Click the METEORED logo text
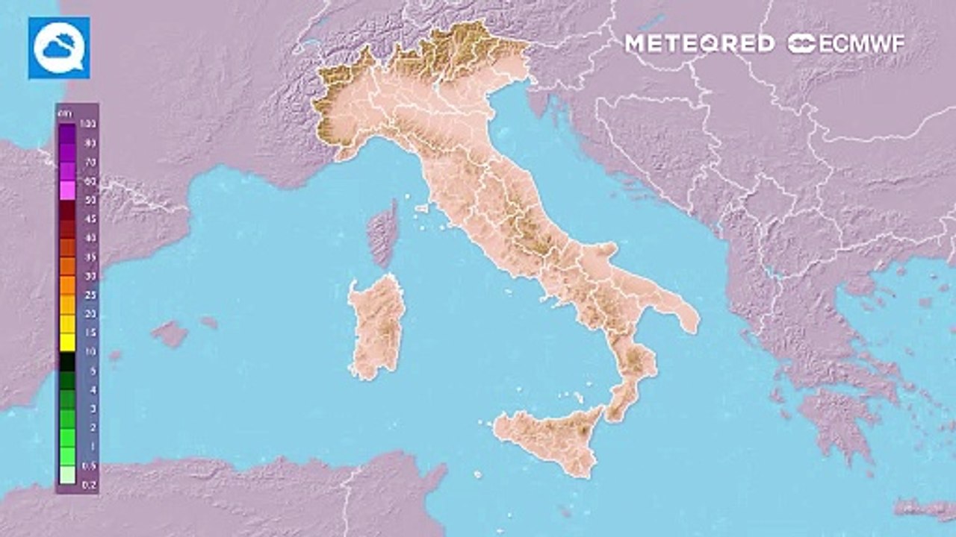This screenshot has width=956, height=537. click(x=699, y=43)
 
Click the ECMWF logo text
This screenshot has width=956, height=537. click(x=847, y=43)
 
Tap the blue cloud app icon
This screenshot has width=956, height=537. click(x=59, y=48)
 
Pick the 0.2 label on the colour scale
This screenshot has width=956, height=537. click(x=88, y=484)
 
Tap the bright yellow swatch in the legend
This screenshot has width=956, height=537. click(x=67, y=342)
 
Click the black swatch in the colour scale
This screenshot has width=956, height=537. click(x=67, y=361)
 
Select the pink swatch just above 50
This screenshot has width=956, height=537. click(x=67, y=190)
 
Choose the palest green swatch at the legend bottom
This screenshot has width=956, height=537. click(x=67, y=475)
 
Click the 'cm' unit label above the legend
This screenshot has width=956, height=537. click(x=63, y=113)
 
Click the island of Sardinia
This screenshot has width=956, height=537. click(x=377, y=324)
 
